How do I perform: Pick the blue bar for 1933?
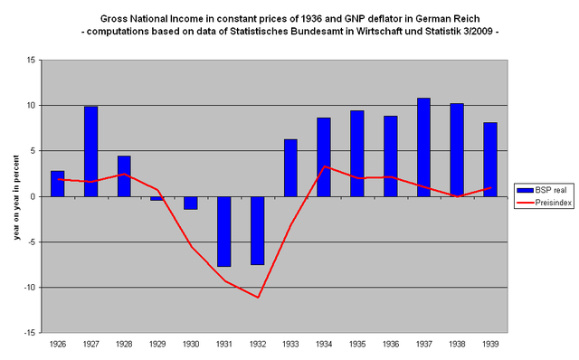click(x=290, y=167)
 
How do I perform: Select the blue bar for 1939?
click(x=489, y=159)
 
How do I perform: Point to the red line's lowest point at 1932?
click(x=258, y=297)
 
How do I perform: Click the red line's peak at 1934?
click(x=324, y=166)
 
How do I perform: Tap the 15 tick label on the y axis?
click(x=31, y=61)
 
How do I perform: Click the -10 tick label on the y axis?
click(x=29, y=288)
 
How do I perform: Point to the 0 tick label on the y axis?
click(x=33, y=196)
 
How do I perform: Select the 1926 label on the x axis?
click(x=58, y=344)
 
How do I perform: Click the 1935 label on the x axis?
click(x=356, y=344)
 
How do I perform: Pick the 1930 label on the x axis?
click(x=191, y=344)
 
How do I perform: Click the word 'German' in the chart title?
click(x=429, y=18)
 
